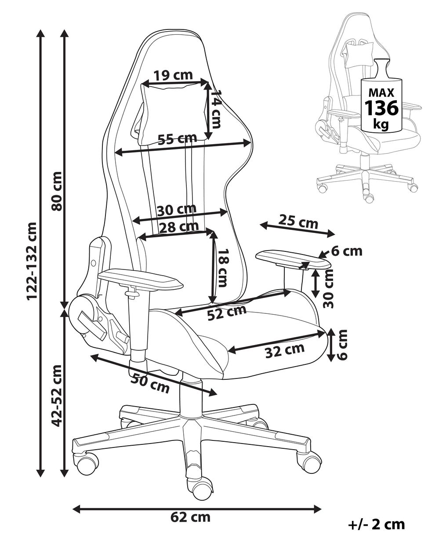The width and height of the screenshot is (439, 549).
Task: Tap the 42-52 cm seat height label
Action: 56,396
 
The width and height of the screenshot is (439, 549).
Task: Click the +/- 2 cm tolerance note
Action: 376,524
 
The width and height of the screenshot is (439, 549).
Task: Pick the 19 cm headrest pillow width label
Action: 174,75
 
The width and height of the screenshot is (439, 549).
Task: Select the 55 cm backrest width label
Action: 177,139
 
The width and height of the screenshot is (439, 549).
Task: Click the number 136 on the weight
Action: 381,108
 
